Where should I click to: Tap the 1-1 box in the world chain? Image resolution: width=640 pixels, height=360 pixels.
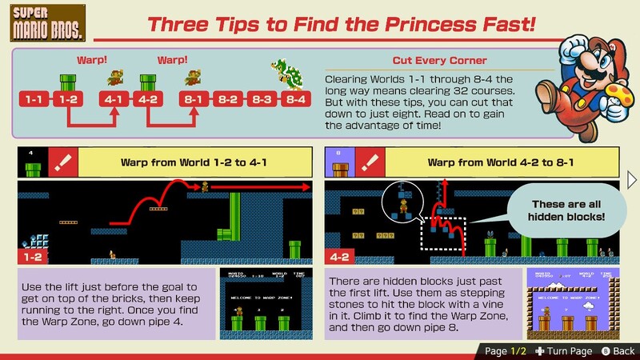point(34,100)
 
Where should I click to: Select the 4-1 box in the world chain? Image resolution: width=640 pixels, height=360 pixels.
point(113,100)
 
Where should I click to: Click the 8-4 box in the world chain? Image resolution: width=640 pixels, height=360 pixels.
point(295,100)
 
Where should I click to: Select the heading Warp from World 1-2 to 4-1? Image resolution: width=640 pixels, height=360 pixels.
point(194,163)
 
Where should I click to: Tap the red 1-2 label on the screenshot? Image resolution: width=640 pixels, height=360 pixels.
point(33,258)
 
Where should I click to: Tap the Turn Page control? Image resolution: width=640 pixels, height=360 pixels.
point(564,351)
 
